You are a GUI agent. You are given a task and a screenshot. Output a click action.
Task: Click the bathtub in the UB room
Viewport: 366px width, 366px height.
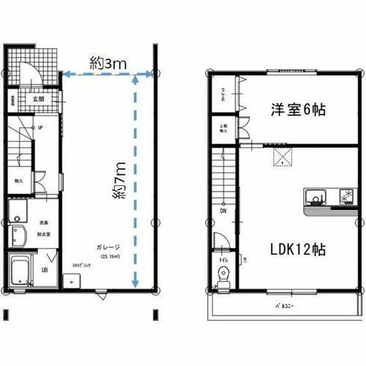point(20,272)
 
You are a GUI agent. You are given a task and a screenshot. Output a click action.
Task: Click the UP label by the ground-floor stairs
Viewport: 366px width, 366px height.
point(39,127)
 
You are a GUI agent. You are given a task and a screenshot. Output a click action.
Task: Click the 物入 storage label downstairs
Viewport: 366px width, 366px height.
point(18,180)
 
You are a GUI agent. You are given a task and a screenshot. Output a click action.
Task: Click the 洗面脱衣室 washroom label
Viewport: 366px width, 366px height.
point(43,225)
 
